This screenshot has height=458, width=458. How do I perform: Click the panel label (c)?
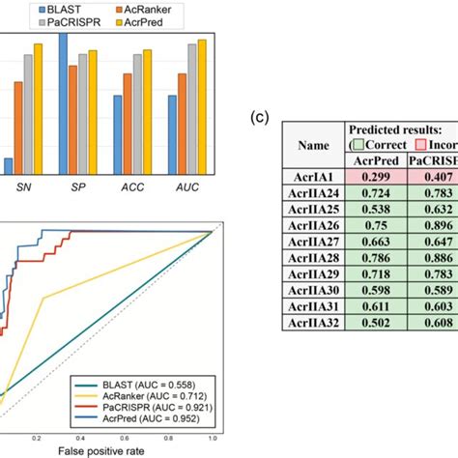[x=259, y=118]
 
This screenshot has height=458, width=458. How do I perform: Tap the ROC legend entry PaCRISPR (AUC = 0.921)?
[x=142, y=407]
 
